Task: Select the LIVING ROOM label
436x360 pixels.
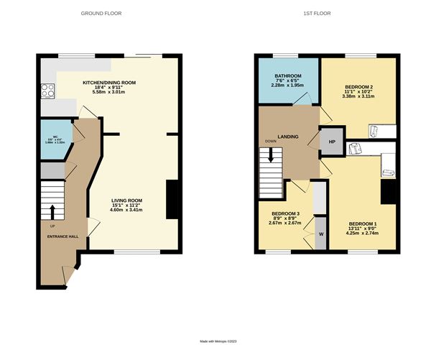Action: click(x=126, y=200)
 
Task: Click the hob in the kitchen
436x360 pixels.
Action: click(x=50, y=91)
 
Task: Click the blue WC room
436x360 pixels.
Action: click(x=55, y=142)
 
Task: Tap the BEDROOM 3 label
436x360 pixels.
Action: click(x=285, y=213)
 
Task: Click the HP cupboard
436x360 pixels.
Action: click(x=332, y=142)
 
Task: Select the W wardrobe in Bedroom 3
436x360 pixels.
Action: click(x=320, y=234)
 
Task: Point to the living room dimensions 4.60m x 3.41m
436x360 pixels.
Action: click(x=126, y=210)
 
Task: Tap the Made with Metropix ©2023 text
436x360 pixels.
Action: click(x=218, y=341)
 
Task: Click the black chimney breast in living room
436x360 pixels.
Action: click(x=172, y=199)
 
